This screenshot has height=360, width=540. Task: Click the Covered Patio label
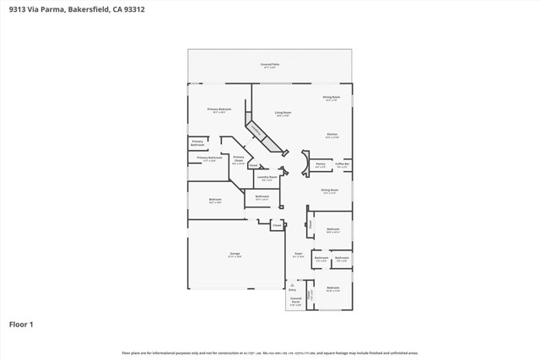(270, 64)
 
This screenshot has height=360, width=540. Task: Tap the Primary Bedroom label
(219, 110)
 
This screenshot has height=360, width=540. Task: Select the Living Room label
(282, 113)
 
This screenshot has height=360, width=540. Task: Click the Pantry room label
(320, 164)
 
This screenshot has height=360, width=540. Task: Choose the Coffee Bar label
(342, 164)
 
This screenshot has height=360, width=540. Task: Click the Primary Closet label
(239, 159)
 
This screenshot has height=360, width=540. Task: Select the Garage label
(235, 256)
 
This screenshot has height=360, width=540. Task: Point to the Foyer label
(298, 252)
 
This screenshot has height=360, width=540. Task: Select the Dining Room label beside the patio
(332, 97)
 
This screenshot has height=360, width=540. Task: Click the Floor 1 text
(21, 323)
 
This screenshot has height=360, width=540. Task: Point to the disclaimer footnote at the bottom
(270, 352)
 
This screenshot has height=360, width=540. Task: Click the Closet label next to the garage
(276, 226)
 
